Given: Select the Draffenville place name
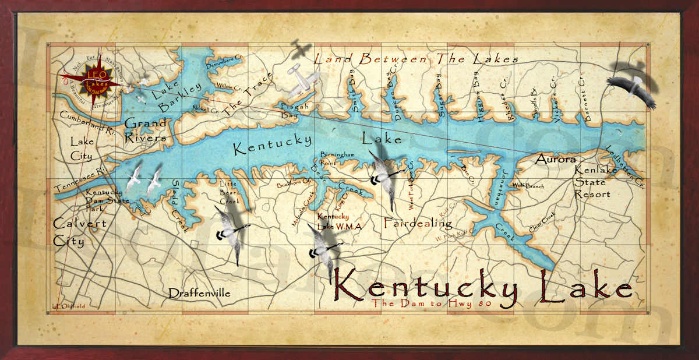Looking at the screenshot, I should (x=199, y=293).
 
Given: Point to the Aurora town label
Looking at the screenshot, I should (x=556, y=159).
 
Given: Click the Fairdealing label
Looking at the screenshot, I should (x=418, y=223).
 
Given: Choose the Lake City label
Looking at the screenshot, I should (x=82, y=149).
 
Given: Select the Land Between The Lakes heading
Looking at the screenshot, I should (x=416, y=59).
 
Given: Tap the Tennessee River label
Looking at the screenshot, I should (x=80, y=179).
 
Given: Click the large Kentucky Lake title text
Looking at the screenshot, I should (x=482, y=287).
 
